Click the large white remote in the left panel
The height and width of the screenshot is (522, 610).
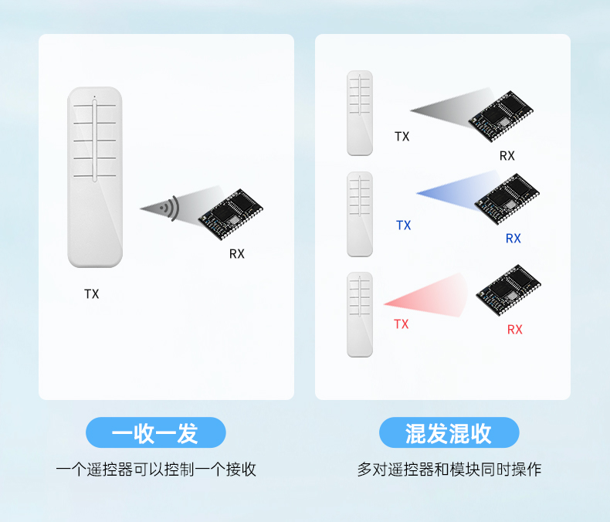(95, 178)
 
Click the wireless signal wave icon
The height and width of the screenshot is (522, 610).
(169, 207)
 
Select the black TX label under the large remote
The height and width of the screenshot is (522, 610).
(92, 294)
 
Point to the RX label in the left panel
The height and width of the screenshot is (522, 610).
(236, 254)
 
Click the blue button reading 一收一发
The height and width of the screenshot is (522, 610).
(155, 433)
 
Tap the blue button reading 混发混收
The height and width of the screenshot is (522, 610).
(449, 433)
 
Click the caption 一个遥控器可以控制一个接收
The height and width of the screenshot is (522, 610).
(155, 469)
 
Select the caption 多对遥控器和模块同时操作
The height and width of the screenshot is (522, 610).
(449, 469)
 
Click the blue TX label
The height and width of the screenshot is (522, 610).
(403, 225)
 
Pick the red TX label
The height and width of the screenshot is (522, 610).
(401, 324)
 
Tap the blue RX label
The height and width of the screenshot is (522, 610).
(513, 239)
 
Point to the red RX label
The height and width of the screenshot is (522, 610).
(514, 330)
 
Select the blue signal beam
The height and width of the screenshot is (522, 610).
(452, 194)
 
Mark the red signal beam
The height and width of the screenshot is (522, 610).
(433, 297)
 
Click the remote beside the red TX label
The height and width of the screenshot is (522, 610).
(360, 314)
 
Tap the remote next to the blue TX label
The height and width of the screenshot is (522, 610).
(360, 214)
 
